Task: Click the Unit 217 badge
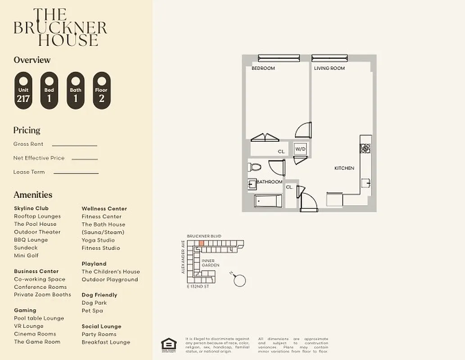(x=23, y=91)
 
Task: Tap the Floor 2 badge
(x=101, y=91)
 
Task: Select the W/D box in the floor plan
(x=300, y=148)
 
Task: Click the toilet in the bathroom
(x=255, y=167)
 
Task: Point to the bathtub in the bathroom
(x=268, y=201)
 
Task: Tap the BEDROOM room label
(x=263, y=68)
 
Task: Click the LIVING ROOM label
(x=329, y=68)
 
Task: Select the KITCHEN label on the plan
(x=344, y=168)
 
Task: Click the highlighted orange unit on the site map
(x=201, y=243)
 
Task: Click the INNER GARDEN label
(x=210, y=263)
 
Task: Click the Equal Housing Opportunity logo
(x=169, y=345)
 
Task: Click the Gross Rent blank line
(x=74, y=145)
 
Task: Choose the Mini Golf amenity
(x=26, y=256)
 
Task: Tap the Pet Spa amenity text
(x=92, y=310)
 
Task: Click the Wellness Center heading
(x=104, y=209)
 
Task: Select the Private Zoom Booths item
(x=42, y=295)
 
